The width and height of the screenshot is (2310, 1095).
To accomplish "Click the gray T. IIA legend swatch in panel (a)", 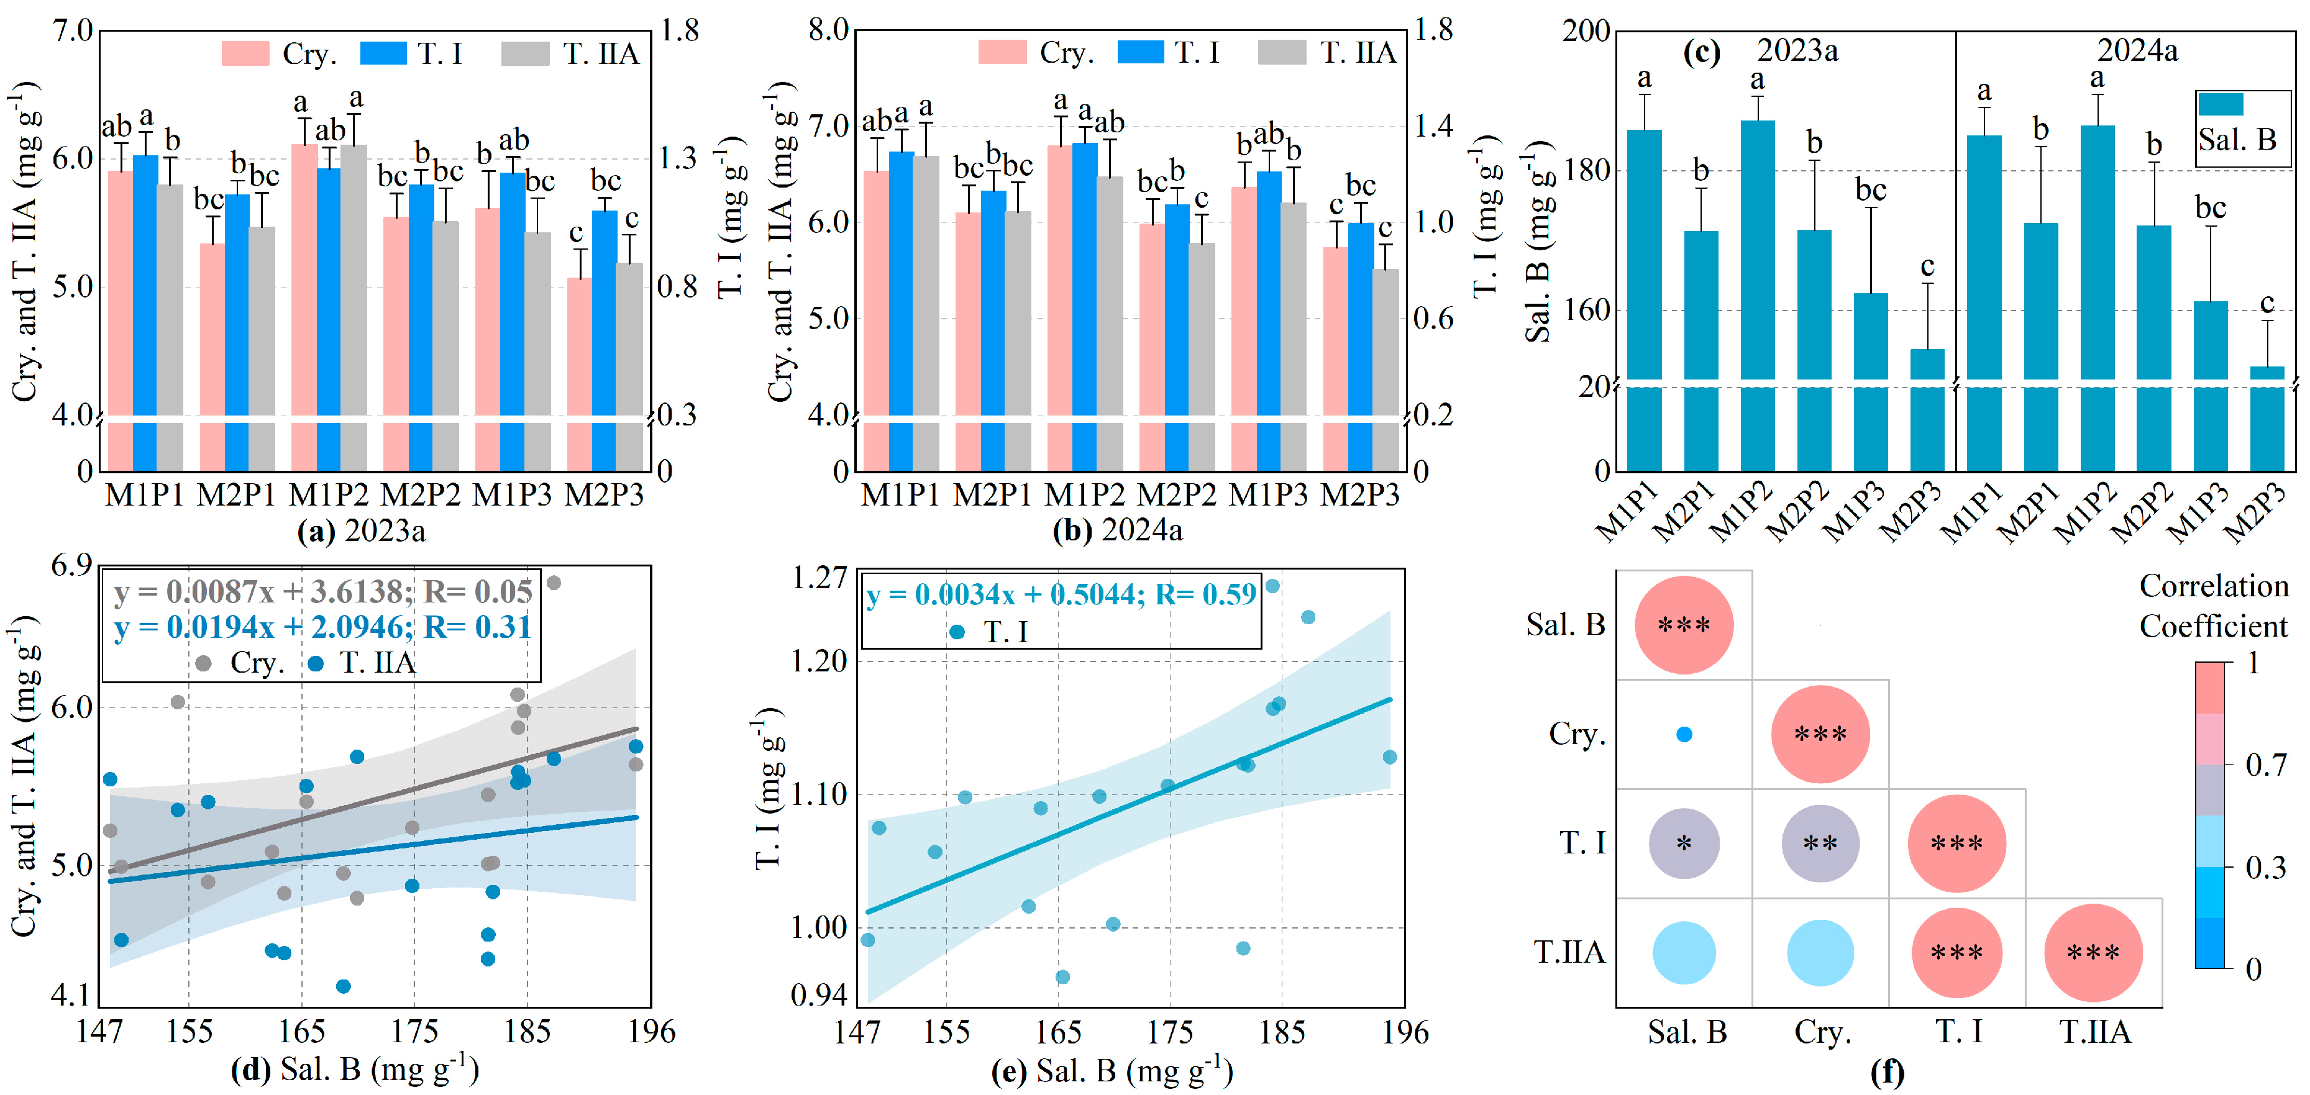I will tap(524, 54).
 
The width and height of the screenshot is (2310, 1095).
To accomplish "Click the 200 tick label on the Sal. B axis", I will tap(1586, 32).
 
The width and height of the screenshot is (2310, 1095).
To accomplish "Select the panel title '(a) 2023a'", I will tap(362, 531).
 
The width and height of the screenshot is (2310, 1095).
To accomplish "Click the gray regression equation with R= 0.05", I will tap(323, 592).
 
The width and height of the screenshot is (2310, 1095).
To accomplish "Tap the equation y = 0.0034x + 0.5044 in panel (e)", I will tap(1061, 594).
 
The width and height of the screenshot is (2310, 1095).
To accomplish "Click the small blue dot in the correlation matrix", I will tap(1684, 735).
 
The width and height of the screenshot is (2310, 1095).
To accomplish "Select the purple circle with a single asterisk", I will tap(1684, 843).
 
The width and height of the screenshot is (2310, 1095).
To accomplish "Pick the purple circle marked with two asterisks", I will tap(1820, 843).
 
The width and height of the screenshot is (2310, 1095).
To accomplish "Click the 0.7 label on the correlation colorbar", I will tap(2266, 765).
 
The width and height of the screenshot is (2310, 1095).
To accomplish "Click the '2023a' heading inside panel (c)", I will tap(1797, 51).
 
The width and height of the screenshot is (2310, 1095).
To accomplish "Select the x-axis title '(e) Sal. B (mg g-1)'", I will tap(1112, 1071).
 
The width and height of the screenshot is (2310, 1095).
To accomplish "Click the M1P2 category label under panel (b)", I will tap(1084, 495).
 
